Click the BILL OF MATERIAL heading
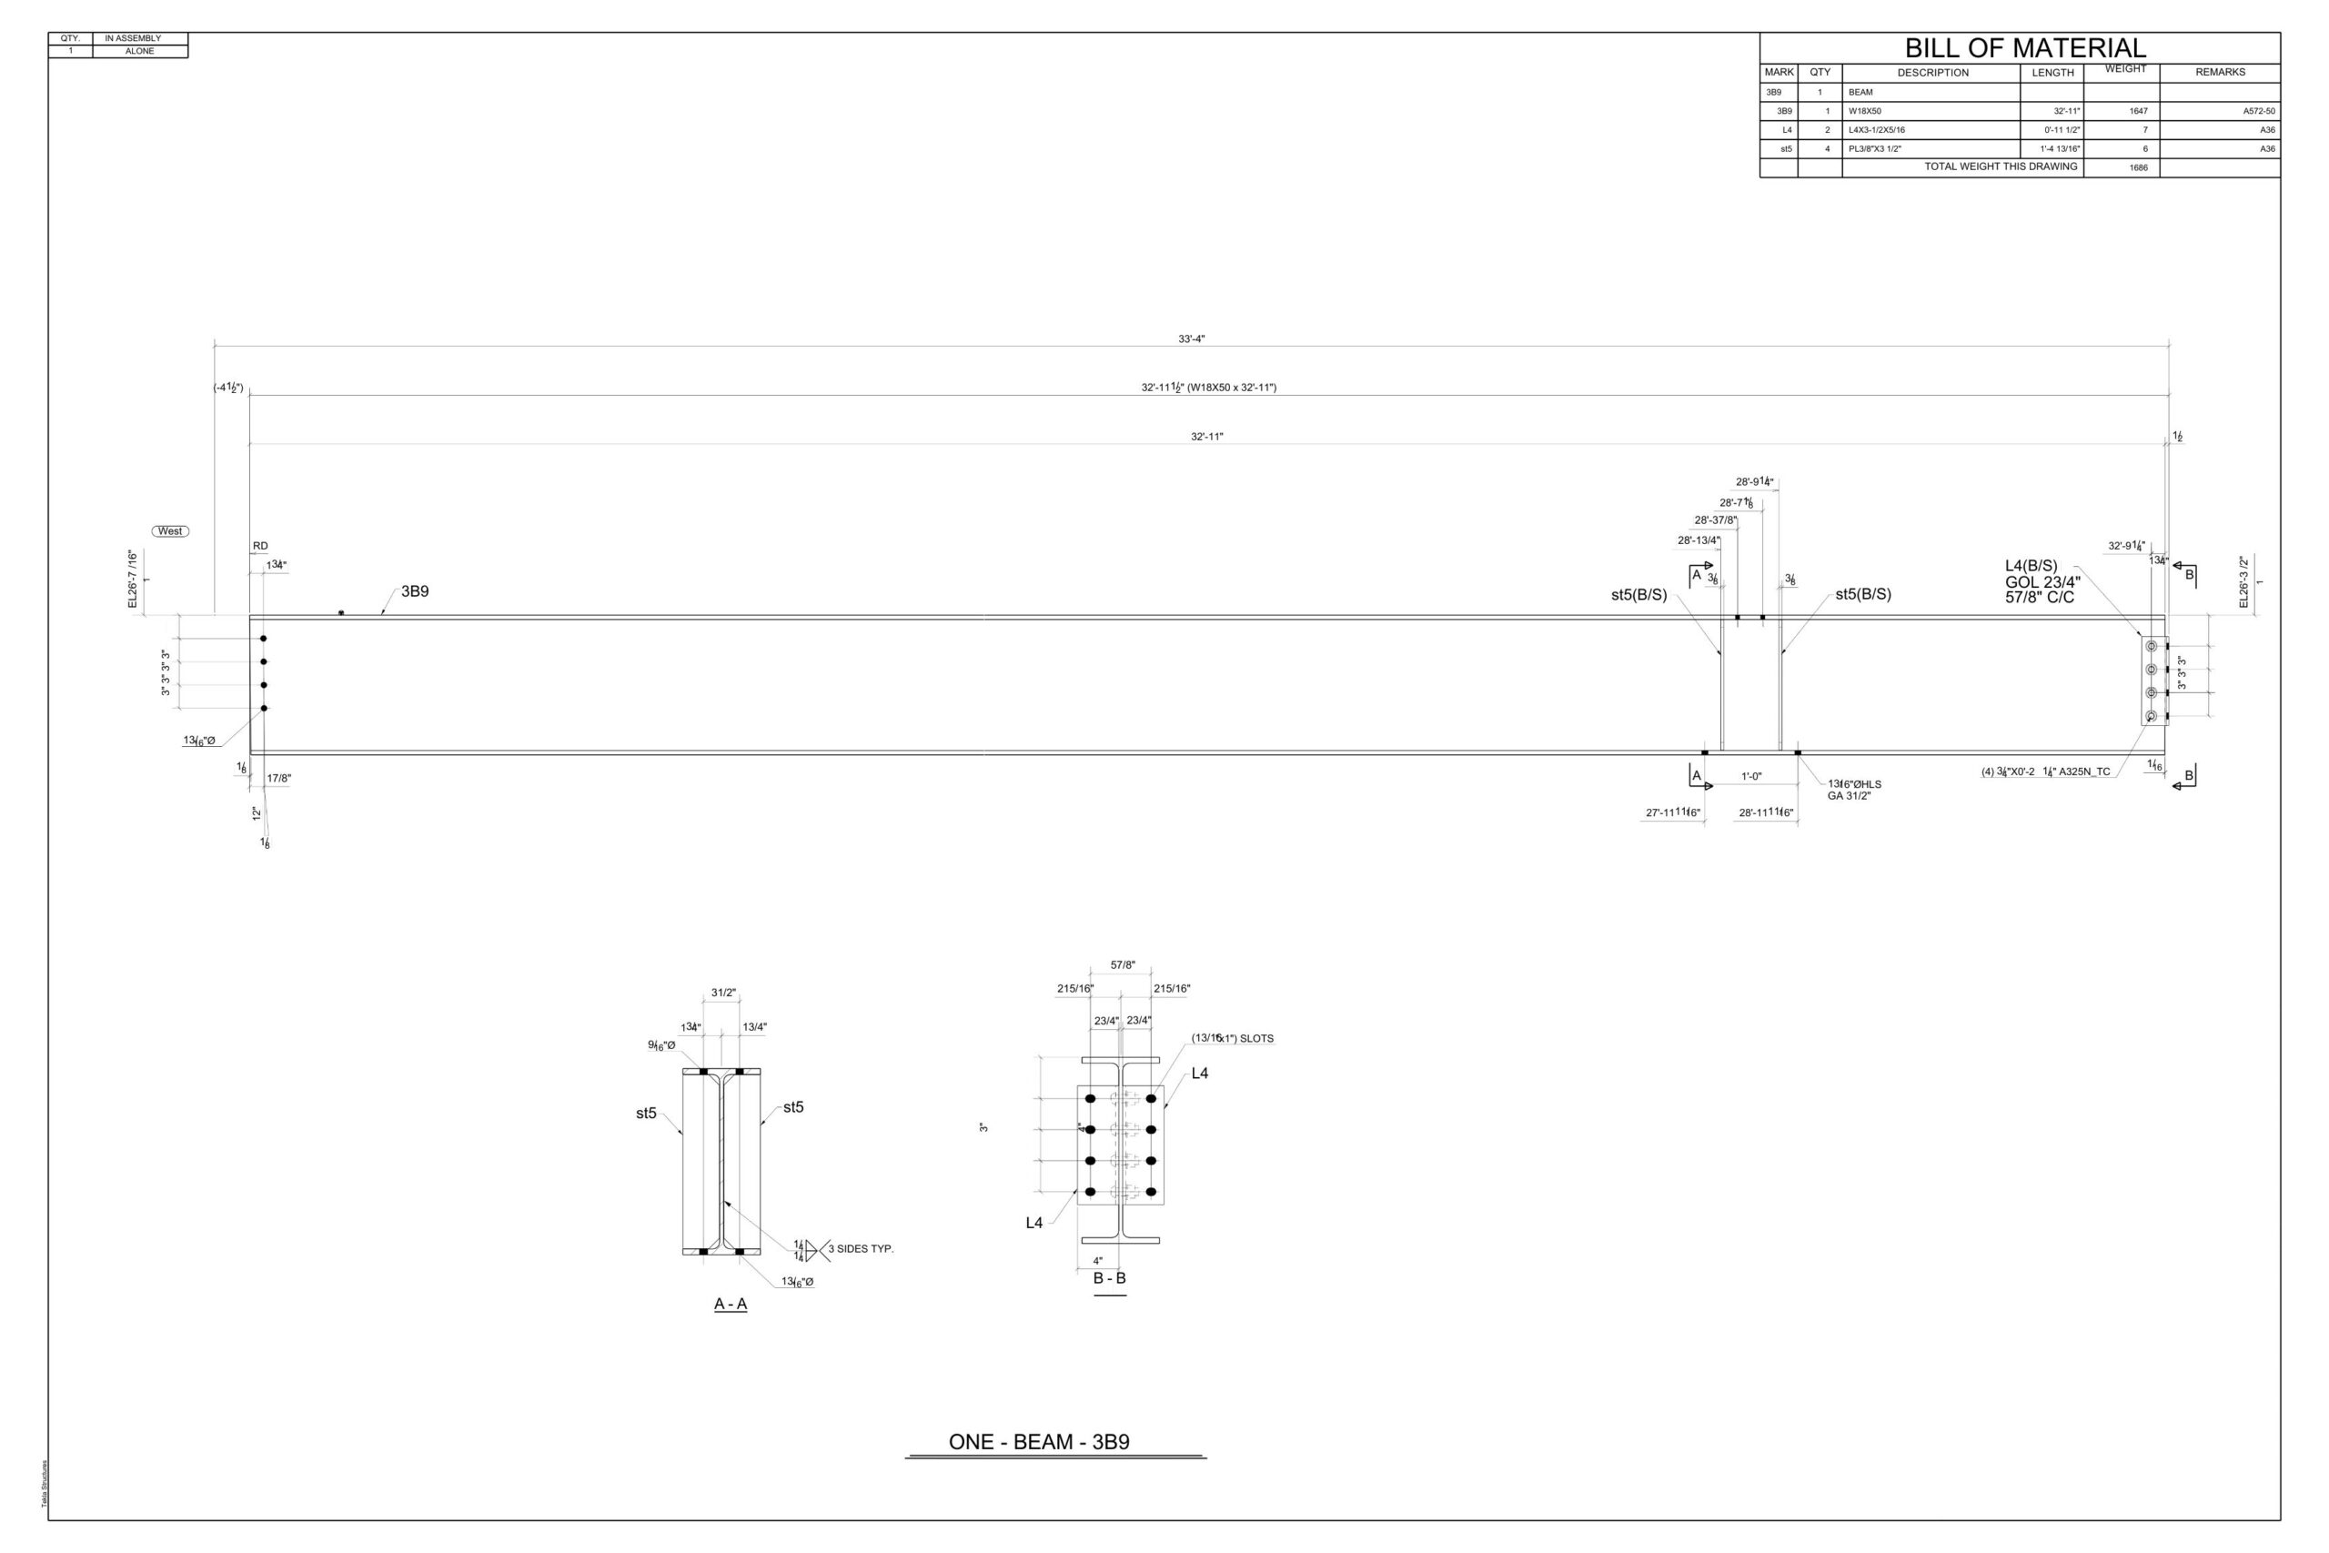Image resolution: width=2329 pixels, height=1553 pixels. (2025, 47)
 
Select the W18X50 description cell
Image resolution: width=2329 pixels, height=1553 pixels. (1865, 111)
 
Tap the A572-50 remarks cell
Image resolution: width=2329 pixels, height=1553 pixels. (2259, 111)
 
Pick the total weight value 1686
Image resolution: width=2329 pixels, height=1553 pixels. (2138, 168)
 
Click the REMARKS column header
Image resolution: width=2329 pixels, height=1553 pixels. (2219, 72)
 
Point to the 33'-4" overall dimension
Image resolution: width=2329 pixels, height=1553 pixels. (1191, 338)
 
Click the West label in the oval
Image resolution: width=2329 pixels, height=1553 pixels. (170, 531)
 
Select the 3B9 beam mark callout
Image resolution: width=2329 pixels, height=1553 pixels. (415, 591)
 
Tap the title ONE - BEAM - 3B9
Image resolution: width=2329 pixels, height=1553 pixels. (1039, 1442)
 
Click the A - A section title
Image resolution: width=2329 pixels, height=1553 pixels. (731, 1305)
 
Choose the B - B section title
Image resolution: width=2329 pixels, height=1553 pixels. (1109, 1278)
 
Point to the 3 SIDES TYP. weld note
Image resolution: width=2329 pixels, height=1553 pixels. (861, 1249)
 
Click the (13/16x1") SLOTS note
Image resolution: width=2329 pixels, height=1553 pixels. (1232, 1038)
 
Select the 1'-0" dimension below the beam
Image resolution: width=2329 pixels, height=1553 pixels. (1751, 777)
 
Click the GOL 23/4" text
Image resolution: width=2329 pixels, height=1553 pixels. (2042, 582)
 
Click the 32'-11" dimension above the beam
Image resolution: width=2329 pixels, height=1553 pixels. (1206, 437)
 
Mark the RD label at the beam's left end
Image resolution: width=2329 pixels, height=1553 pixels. (259, 546)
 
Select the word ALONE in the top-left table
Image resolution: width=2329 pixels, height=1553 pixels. (139, 52)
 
